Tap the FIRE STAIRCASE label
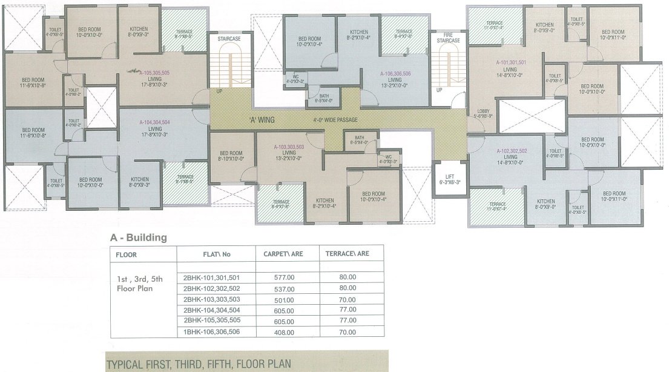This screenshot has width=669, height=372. [x=449, y=37]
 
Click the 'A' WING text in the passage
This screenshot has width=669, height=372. [x=262, y=120]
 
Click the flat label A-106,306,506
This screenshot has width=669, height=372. [x=395, y=73]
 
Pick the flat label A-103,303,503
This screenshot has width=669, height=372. [x=289, y=147]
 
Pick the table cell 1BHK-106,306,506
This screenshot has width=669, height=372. [x=211, y=331]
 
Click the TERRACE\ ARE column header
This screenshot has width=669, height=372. [x=347, y=254]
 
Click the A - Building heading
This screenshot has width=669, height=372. [x=138, y=238]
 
